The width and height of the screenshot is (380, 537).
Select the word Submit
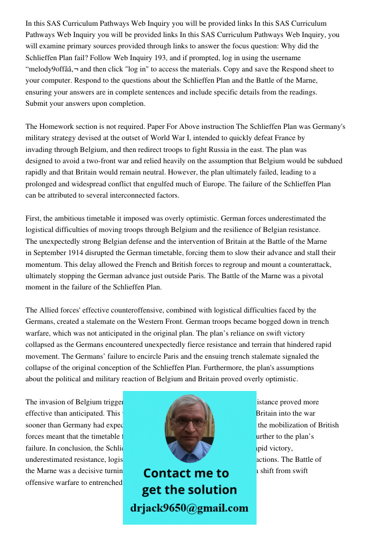(37, 104)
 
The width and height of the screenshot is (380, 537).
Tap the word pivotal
(310, 276)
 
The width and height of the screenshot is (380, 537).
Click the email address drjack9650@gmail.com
(189, 508)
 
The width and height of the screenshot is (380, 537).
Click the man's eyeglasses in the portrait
(188, 422)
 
